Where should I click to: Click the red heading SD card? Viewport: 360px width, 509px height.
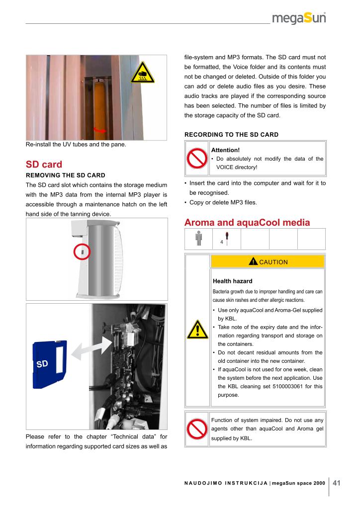pos(44,164)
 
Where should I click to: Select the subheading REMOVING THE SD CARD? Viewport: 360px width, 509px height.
pos(65,175)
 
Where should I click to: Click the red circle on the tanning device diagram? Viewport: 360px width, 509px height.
pos(83,252)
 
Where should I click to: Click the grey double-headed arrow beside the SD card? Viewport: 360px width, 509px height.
pos(91,348)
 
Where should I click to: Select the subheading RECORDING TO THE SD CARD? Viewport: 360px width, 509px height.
pos(231,135)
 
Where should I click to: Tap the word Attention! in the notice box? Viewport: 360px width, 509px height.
pos(225,150)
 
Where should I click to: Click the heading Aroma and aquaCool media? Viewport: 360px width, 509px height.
pos(247,222)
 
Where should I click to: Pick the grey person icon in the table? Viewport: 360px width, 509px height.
pos(199,239)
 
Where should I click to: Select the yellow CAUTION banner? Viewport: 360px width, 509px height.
pos(268,261)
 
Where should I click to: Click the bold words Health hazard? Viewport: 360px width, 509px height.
pos(232,281)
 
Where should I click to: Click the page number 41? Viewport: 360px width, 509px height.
pos(337,482)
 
